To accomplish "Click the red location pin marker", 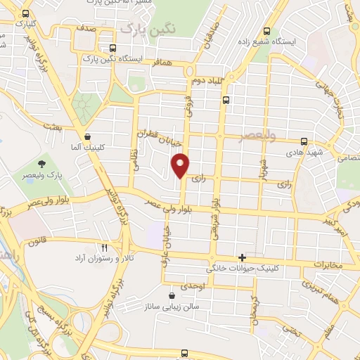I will pos(181,165).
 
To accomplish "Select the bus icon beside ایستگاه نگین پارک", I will pos(112,49).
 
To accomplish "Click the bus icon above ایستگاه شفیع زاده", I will pos(266,31).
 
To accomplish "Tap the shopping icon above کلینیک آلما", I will pos(86,137).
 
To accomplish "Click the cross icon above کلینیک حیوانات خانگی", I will pos(242,258).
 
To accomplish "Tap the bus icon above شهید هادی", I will pos(304,141).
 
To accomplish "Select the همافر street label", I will pos(162,62).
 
